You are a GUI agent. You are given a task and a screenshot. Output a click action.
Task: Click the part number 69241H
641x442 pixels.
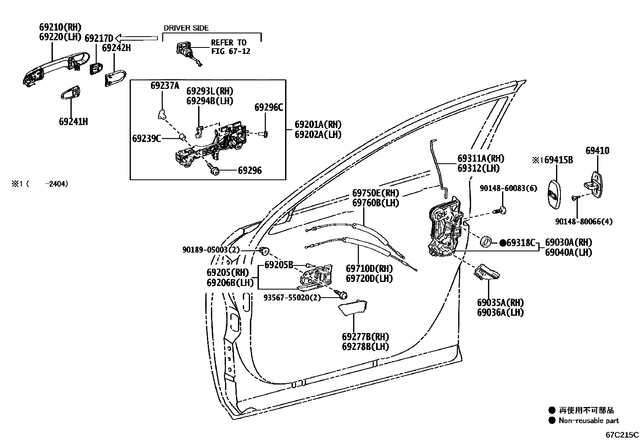(x=73, y=121)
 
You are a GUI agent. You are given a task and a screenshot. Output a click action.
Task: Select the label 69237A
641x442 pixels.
(x=165, y=85)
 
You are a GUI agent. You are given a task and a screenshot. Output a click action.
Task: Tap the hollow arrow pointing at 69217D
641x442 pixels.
(x=136, y=38)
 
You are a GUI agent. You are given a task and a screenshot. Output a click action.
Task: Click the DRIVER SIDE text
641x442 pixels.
(x=186, y=28)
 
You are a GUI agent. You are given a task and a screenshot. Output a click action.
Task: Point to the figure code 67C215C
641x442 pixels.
(x=622, y=435)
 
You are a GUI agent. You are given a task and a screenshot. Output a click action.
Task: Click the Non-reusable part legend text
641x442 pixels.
(x=589, y=421)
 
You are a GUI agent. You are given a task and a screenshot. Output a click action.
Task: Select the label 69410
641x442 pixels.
(x=597, y=151)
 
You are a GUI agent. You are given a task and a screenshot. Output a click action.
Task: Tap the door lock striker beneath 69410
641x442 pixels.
(x=596, y=185)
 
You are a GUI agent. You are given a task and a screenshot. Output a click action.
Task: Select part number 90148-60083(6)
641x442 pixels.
(x=508, y=188)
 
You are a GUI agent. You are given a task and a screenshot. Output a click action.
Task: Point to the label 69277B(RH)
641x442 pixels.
(x=366, y=337)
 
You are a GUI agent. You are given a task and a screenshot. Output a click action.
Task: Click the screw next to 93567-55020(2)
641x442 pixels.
(x=343, y=295)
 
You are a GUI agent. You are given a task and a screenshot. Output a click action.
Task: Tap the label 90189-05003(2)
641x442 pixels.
(x=211, y=250)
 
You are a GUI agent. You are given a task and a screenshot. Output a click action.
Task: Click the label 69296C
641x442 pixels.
(x=269, y=107)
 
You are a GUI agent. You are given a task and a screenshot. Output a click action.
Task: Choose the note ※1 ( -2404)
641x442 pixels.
(x=39, y=184)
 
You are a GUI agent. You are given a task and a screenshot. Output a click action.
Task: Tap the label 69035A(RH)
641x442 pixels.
(x=500, y=302)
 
